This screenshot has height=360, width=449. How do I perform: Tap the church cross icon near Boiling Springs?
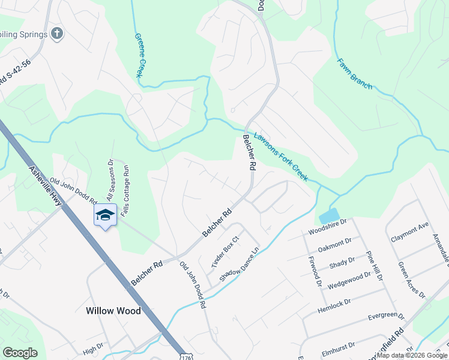click(57, 34)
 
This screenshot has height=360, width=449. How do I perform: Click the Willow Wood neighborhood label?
click(113, 311)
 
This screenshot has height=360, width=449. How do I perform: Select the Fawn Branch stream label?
click(354, 73)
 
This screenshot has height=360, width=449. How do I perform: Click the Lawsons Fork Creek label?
click(280, 157)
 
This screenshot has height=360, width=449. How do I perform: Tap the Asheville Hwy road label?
click(45, 185)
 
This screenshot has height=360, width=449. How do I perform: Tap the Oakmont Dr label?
click(334, 243)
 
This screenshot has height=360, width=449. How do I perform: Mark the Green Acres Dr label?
click(411, 279)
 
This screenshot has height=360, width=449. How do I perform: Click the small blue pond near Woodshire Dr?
click(330, 216)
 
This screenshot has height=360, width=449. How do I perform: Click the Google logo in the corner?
click(20, 353)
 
